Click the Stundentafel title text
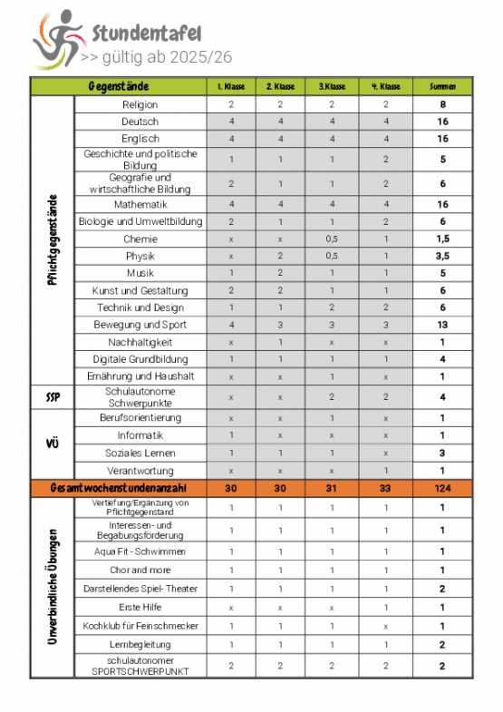145,34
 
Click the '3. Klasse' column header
333,87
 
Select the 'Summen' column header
443,87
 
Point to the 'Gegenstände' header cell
119,87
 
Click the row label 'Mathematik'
140,205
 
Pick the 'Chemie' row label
140,239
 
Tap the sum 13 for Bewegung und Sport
443,325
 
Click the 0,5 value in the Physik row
333,257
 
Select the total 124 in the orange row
443,488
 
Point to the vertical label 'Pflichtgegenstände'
53,240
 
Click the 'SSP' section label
53,397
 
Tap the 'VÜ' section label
53,444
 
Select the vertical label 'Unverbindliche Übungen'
53,588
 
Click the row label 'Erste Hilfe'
140,607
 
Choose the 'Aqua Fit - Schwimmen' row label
140,551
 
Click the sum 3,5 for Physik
443,257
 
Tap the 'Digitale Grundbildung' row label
140,359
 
